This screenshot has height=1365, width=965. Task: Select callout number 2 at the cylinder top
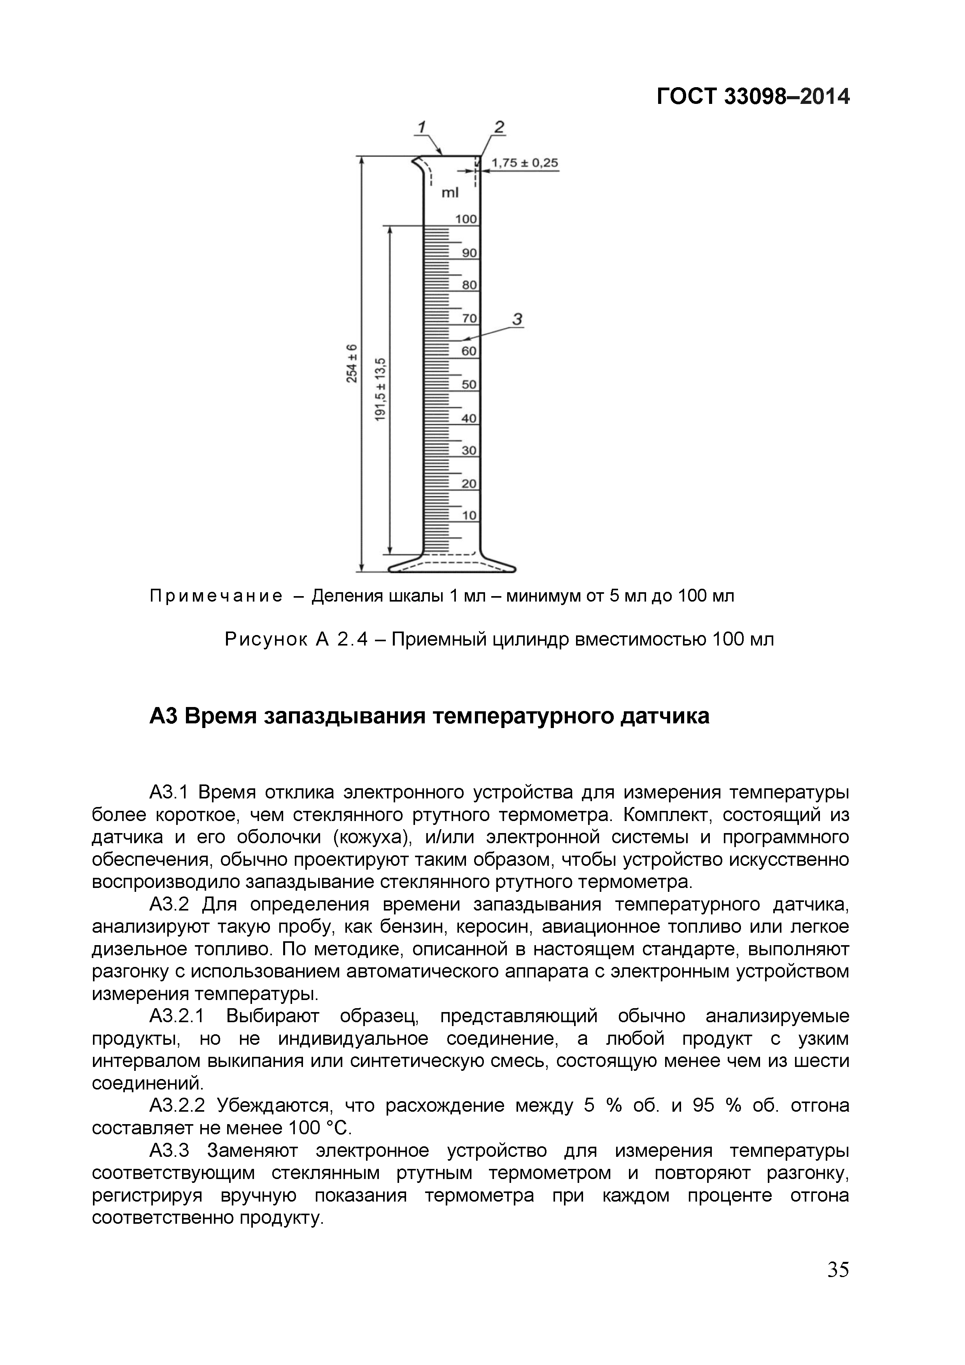[499, 126]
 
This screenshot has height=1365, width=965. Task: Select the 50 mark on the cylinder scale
[469, 385]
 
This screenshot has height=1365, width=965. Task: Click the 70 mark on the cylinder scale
[469, 319]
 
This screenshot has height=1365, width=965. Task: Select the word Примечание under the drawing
[216, 596]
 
